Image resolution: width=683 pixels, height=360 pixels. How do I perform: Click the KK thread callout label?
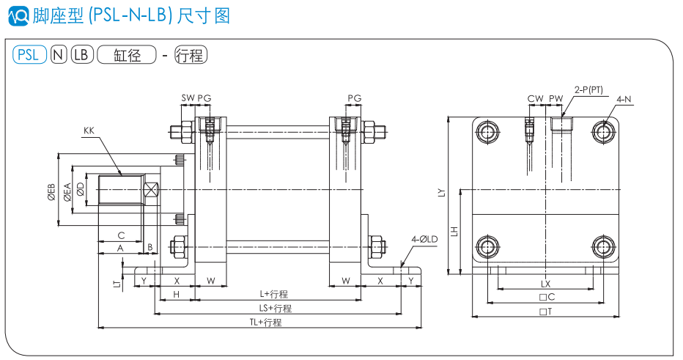point(89,131)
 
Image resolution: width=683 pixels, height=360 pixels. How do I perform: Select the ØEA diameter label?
point(67,191)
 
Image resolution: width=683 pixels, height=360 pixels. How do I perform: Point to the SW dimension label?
point(188,98)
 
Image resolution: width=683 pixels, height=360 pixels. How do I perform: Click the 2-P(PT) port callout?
point(588,89)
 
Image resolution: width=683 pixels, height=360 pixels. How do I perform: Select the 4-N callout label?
point(624,98)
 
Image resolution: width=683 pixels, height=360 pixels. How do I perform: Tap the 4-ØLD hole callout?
point(424,239)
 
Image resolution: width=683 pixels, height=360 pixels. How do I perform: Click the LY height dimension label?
point(441,193)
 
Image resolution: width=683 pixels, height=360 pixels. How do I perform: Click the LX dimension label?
point(545,283)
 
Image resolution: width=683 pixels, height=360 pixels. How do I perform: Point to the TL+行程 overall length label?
point(265,322)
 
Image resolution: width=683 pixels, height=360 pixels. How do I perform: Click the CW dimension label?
point(535,98)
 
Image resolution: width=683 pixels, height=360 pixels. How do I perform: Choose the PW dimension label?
point(556,98)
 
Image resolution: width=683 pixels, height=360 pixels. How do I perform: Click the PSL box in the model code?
point(29,54)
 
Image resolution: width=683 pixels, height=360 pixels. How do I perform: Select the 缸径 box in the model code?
point(127,54)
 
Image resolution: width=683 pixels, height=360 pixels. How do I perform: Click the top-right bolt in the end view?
point(605,132)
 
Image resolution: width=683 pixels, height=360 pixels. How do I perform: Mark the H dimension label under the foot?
point(176,294)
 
